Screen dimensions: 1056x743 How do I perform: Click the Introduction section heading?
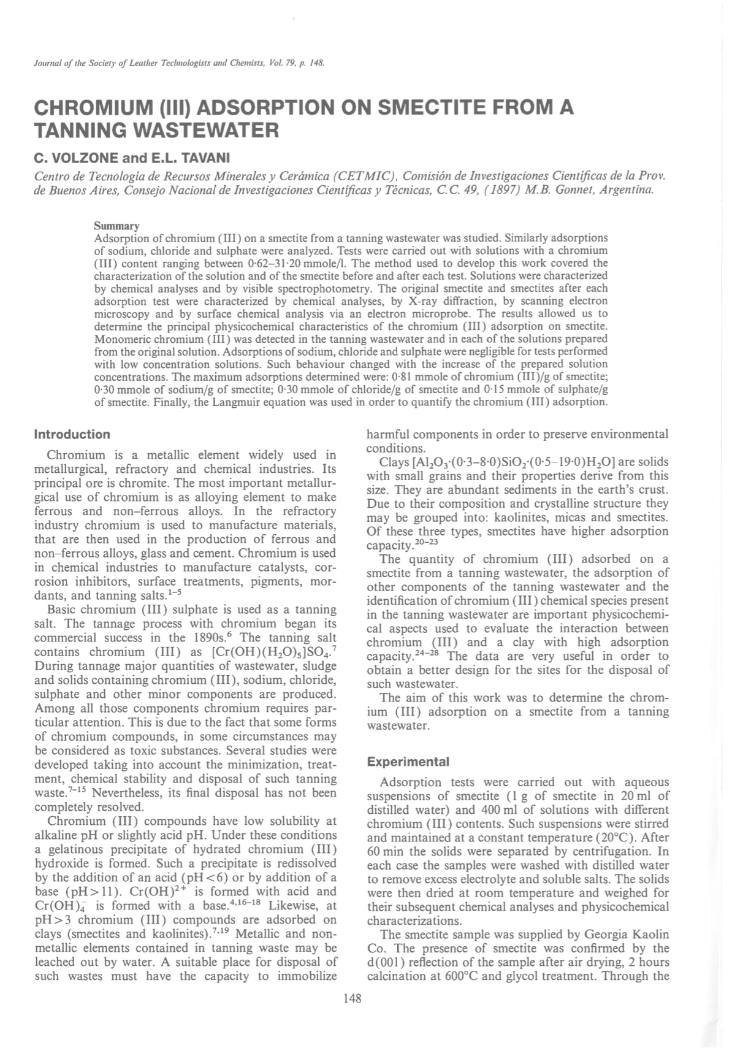tap(72, 435)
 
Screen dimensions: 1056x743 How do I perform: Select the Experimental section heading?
tap(408, 762)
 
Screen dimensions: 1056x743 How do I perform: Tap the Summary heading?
tap(116, 226)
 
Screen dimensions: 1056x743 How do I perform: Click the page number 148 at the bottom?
tap(352, 998)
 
